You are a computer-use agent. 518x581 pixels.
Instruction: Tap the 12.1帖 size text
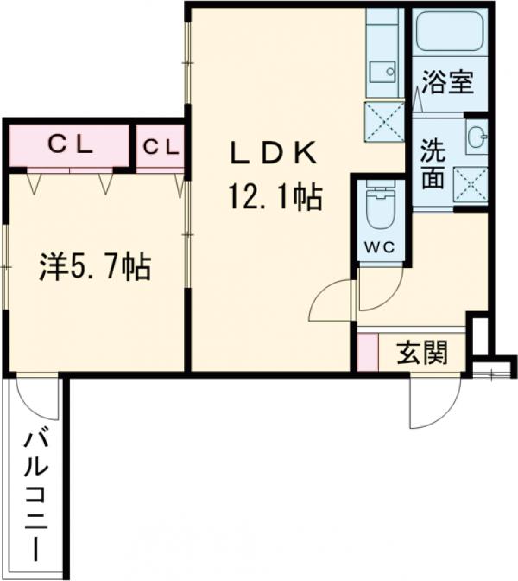(275, 199)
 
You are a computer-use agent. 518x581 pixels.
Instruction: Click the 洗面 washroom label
(433, 164)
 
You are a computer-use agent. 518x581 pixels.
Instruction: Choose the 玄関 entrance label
(423, 353)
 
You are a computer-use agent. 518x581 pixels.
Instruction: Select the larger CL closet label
(69, 146)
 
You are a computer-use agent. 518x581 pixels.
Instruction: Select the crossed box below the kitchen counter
(383, 118)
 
